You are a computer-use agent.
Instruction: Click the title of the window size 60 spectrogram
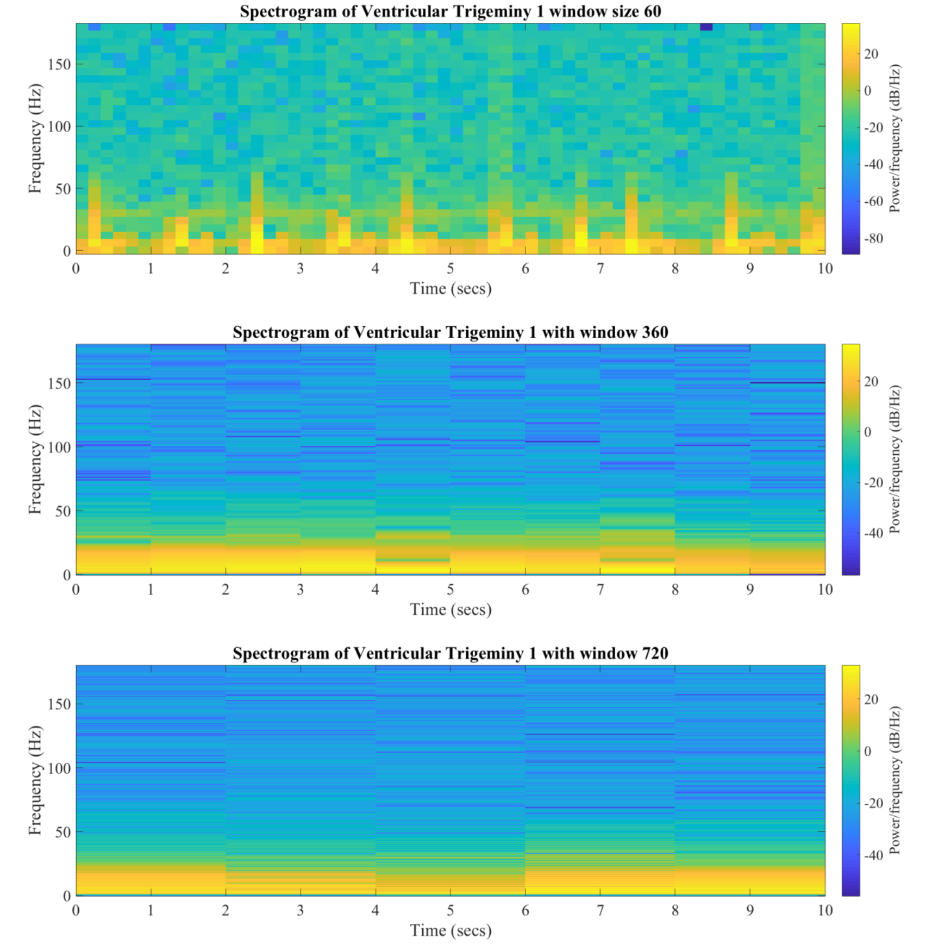pos(451,11)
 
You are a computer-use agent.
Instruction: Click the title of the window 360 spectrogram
pos(451,332)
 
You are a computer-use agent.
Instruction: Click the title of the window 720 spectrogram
pos(451,653)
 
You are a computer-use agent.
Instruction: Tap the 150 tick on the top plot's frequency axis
pos(59,64)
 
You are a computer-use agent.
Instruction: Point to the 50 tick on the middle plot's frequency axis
pos(63,511)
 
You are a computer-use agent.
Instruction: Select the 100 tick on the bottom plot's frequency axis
pos(59,768)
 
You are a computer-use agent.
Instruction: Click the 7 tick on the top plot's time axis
pos(600,269)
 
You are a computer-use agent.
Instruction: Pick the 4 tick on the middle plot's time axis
pos(376,589)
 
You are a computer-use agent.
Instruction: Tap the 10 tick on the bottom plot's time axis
pos(825,910)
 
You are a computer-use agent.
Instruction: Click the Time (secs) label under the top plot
pos(451,288)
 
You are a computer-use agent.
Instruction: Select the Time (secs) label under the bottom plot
pos(451,930)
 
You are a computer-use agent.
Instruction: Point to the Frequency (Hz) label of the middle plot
pos(35,459)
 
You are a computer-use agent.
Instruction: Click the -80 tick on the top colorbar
pos(873,238)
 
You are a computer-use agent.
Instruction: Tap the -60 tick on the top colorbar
pos(873,201)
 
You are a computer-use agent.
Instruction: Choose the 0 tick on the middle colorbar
pos(868,432)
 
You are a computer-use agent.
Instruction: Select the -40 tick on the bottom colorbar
pos(873,855)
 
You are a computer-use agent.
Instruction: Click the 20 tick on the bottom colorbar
pos(871,699)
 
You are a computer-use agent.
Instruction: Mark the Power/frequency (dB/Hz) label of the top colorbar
pos(895,139)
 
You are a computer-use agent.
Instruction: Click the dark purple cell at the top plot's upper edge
pos(706,27)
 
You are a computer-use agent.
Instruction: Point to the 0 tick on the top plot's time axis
pos(76,269)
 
